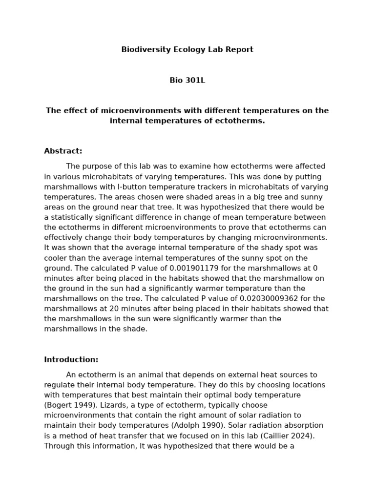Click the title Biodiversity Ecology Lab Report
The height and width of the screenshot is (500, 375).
click(x=187, y=50)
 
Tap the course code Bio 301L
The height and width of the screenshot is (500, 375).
click(x=187, y=81)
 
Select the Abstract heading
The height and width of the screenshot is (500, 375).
click(x=63, y=151)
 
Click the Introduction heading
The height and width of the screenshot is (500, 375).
click(x=71, y=360)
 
